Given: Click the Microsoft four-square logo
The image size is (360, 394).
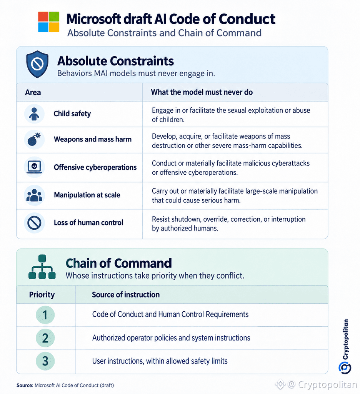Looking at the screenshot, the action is (48, 22).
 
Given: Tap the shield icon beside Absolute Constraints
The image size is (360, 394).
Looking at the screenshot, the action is (37, 64).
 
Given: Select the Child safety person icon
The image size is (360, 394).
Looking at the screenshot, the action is (34, 114).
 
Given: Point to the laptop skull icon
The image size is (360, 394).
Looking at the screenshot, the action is (34, 167).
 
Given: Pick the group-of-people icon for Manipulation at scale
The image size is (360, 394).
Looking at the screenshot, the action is (34, 195).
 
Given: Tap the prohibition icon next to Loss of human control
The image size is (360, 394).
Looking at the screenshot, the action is (34, 223).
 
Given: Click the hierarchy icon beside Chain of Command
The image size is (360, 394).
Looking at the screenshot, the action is (42, 267).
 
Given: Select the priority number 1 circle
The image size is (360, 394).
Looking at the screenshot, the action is (45, 315).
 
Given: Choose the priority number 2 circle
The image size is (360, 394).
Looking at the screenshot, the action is (45, 338).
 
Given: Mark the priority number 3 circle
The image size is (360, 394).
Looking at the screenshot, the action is (45, 361).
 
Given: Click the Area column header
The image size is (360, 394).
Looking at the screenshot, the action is (33, 92).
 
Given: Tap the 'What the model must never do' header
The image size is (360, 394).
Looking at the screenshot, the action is (202, 92).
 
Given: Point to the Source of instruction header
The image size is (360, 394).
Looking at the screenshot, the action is (126, 294).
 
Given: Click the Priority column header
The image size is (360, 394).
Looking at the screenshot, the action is (42, 295).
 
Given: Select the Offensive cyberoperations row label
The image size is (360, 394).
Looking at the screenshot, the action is (95, 167).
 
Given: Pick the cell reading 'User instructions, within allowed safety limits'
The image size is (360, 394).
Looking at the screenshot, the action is (160, 361).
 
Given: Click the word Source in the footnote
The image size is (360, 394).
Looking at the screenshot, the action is (25, 385).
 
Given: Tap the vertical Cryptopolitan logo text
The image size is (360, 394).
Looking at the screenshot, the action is (346, 339).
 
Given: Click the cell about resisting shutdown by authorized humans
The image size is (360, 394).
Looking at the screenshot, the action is (228, 224).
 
